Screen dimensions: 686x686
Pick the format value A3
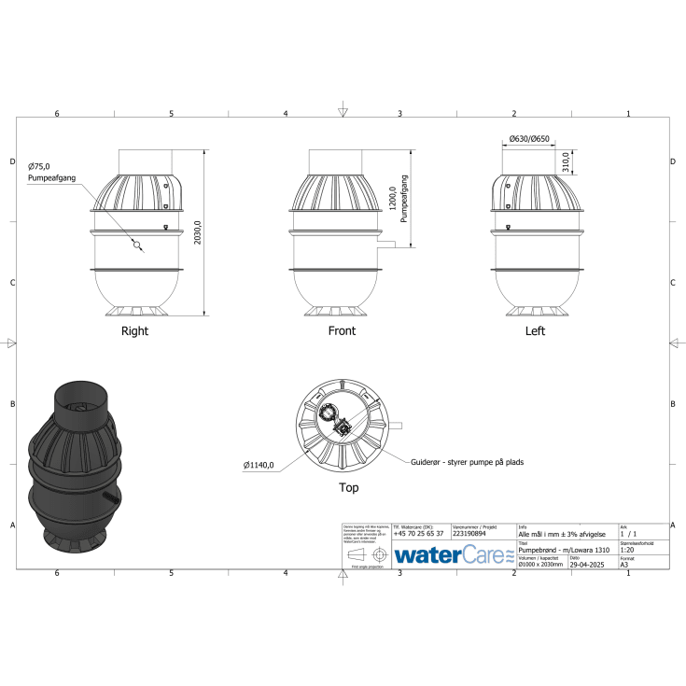(624, 566)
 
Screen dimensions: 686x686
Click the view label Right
(134, 331)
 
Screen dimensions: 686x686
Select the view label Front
(342, 331)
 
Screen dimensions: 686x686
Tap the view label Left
(535, 331)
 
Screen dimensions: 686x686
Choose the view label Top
(348, 487)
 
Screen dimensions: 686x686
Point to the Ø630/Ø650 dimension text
(528, 139)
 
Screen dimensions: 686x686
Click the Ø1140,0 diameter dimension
(259, 465)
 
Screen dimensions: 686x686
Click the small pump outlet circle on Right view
(137, 247)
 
